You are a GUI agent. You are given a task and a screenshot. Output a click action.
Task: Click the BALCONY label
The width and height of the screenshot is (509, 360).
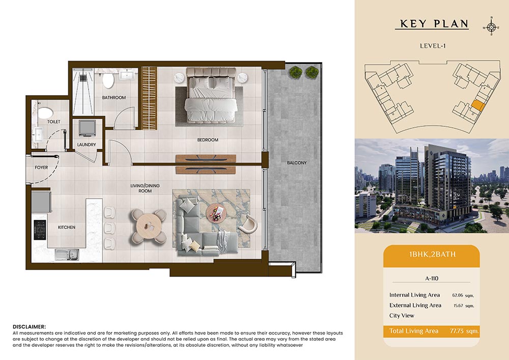coord(296,162)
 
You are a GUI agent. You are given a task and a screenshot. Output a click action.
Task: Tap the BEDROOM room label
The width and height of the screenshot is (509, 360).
coord(208,140)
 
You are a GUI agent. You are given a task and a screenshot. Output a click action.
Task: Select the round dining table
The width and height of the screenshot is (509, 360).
coord(149,226)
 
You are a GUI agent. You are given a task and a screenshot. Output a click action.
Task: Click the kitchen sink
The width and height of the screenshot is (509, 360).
coord(67,254)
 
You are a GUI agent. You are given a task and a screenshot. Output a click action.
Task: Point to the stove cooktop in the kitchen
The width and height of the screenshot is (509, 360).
coord(40,230)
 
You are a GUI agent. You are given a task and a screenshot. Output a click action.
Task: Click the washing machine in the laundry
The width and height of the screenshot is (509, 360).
coord(87,128)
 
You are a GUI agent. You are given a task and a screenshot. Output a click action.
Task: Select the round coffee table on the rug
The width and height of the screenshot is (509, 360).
coord(215,213)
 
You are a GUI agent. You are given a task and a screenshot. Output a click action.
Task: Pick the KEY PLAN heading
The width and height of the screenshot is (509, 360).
coord(434,24)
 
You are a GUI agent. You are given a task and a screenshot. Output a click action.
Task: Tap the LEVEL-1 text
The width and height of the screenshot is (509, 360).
coord(433,46)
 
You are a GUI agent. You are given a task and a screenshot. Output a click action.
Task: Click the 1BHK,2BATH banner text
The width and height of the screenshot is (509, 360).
coord(432,254)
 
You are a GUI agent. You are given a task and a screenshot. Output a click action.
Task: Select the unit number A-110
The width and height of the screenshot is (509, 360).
coord(432,278)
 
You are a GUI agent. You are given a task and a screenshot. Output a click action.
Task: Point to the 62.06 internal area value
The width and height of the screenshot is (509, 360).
coord(458,295)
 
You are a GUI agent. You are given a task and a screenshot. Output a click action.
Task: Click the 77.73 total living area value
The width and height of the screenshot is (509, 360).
coord(457,331)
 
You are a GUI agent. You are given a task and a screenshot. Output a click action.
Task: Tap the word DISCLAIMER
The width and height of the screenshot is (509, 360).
coord(29,326)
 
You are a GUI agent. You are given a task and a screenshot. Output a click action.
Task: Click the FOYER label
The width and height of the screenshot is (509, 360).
coord(41,168)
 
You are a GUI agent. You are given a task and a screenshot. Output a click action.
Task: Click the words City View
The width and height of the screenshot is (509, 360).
coord(402,316)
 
